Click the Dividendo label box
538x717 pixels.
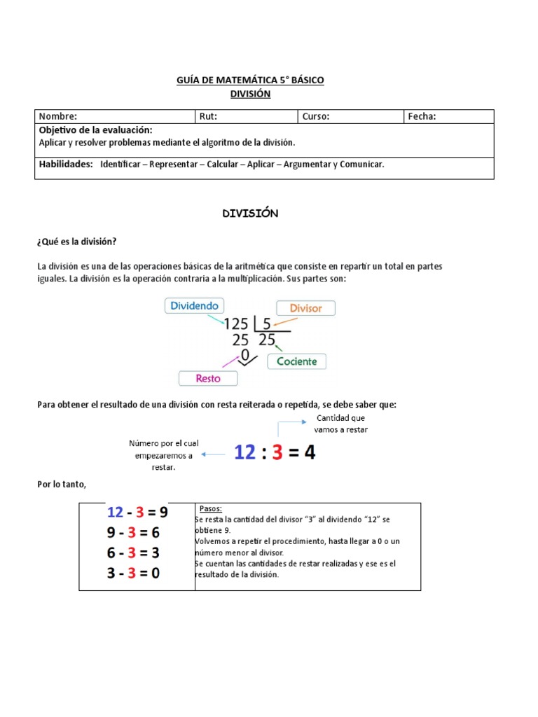click(195, 305)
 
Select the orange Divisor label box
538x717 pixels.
click(305, 308)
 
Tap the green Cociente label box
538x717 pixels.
click(297, 361)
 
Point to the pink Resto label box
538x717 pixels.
click(208, 378)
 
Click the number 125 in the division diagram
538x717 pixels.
click(236, 324)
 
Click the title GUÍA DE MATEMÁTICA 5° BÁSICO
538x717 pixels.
click(250, 81)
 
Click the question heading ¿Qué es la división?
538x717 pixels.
click(77, 242)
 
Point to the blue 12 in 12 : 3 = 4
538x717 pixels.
click(244, 453)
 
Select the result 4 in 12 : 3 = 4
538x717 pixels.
click(309, 453)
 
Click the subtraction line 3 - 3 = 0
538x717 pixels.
click(134, 573)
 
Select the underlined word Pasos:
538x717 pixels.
click(211, 509)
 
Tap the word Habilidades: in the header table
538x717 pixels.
click(66, 164)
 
